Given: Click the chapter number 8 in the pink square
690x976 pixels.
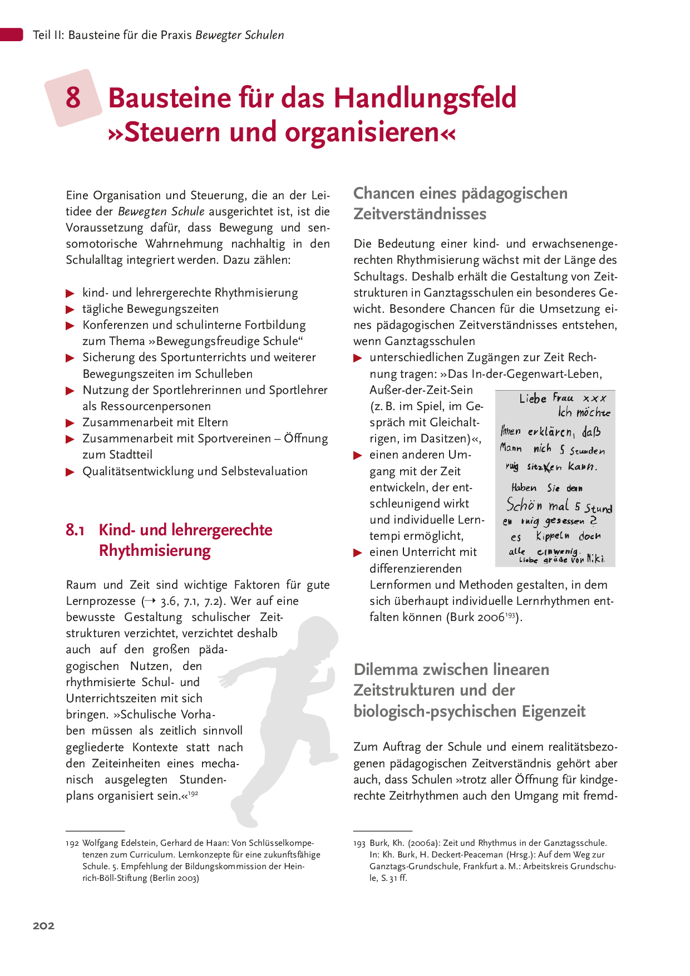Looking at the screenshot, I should pyautogui.click(x=73, y=97).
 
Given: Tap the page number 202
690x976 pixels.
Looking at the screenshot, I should pyautogui.click(x=43, y=925).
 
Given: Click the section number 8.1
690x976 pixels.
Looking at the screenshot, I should pyautogui.click(x=75, y=530).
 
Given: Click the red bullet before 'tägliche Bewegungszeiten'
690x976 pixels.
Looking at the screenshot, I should pyautogui.click(x=70, y=309).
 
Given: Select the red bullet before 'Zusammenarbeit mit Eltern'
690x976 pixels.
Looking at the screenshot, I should pyautogui.click(x=70, y=423).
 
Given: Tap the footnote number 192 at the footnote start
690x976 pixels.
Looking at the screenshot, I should pyautogui.click(x=72, y=843).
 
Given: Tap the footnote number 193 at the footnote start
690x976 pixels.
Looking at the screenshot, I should pyautogui.click(x=359, y=843).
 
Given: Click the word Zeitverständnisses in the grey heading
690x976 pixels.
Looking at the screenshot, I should pyautogui.click(x=420, y=214).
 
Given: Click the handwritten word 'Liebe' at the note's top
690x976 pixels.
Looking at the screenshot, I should pyautogui.click(x=533, y=398).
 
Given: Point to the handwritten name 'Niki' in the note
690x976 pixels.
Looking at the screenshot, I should pyautogui.click(x=595, y=558).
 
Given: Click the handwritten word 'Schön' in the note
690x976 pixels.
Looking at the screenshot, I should pyautogui.click(x=524, y=505).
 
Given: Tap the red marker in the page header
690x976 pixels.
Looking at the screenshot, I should pyautogui.click(x=11, y=34).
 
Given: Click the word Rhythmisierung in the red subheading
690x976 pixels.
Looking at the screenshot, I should pyautogui.click(x=155, y=551).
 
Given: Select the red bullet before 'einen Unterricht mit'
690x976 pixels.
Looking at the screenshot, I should pyautogui.click(x=358, y=553).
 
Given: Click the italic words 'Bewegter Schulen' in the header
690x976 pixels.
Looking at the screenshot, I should pyautogui.click(x=240, y=35).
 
